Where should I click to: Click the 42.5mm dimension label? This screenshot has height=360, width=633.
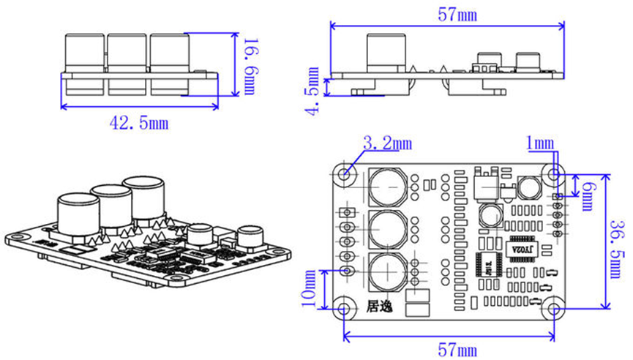coord(139,122)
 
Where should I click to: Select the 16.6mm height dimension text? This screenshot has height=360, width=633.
coord(250,67)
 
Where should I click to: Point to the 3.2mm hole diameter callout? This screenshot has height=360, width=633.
coord(388,143)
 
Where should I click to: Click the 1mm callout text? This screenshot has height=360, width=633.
coord(540,143)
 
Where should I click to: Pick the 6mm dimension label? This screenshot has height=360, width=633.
coord(588,197)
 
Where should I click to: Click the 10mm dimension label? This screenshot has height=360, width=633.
coord(310,288)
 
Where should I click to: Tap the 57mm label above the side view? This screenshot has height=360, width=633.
coord(457,15)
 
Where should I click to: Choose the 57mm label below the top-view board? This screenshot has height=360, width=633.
coord(457,350)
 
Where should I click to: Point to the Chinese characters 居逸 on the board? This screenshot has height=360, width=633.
coord(379,307)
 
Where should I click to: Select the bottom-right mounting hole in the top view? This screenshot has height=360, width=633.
coord(554,309)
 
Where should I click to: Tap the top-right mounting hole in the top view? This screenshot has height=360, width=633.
coord(554,174)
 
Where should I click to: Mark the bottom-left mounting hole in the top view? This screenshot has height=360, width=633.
coord(343,309)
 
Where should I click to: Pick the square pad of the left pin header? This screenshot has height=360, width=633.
coord(346,212)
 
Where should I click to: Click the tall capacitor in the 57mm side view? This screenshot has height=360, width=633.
coord(386,53)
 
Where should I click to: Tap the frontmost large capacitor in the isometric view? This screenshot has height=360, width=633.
coord(79,217)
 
